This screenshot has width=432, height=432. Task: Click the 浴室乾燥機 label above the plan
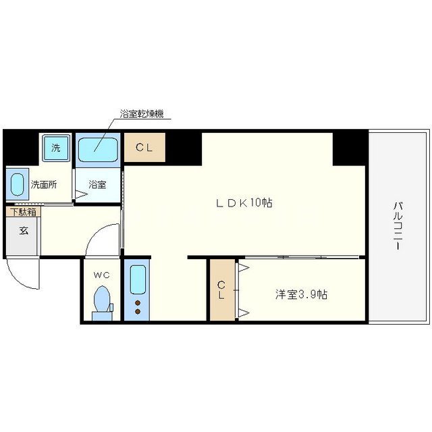[141, 114]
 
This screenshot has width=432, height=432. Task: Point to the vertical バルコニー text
[399, 225]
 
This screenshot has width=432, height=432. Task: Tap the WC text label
[101, 275]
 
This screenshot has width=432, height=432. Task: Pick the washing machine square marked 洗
[55, 147]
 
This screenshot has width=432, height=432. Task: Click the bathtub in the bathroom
[99, 148]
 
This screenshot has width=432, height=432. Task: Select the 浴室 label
[98, 184]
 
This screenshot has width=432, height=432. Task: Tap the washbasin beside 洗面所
[17, 183]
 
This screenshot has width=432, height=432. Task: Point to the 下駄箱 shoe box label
[22, 211]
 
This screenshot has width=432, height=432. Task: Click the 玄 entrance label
[24, 230]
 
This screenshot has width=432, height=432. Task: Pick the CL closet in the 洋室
[221, 290]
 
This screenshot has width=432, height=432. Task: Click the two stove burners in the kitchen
[138, 307]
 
